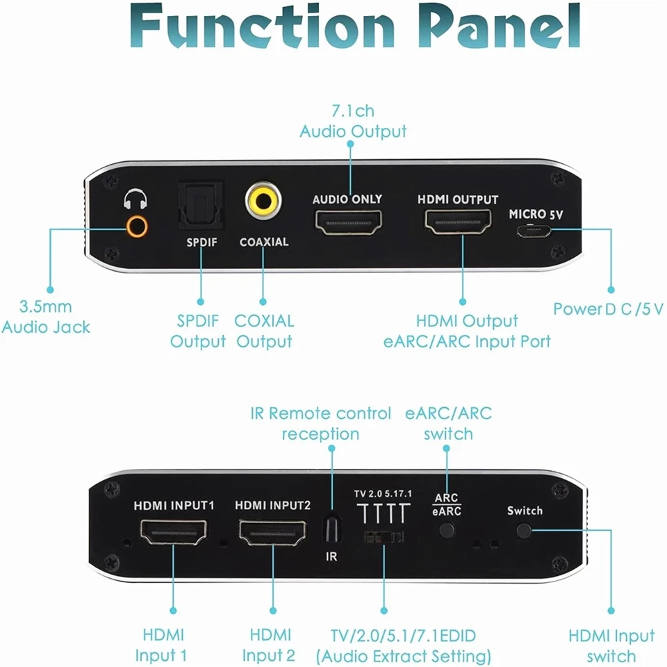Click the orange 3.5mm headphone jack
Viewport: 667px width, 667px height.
(136, 227)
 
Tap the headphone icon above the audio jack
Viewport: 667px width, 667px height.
(135, 201)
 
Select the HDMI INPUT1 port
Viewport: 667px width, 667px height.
(174, 533)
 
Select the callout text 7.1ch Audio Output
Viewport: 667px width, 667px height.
(353, 121)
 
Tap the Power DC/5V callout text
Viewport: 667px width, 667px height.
(608, 308)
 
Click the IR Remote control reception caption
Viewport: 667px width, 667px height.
(321, 424)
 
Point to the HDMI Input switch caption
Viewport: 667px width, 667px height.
(611, 645)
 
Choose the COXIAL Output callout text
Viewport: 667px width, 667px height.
(264, 331)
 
